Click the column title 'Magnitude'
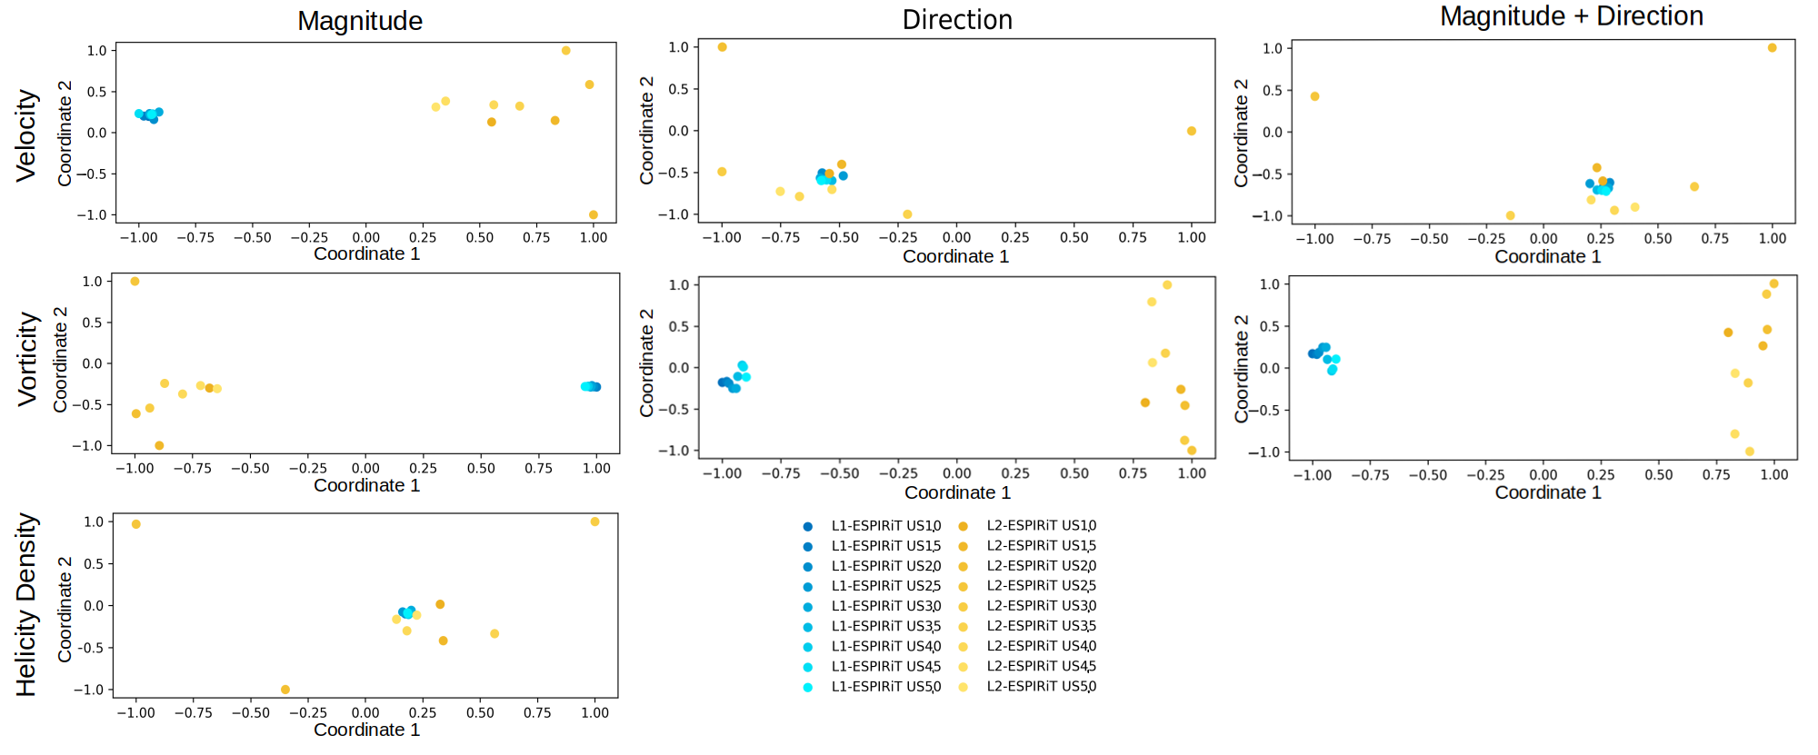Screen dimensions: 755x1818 tap(360, 21)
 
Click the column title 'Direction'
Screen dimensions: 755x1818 tap(957, 20)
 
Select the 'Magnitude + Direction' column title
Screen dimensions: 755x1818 tap(1572, 16)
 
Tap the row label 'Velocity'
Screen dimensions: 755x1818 tap(26, 135)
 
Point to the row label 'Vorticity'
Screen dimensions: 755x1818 tap(28, 359)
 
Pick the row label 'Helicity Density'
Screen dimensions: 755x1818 tap(26, 605)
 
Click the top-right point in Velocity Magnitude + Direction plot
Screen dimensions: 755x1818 tap(1772, 48)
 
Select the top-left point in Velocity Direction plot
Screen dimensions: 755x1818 tap(723, 47)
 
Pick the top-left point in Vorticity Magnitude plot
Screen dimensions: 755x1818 tap(135, 282)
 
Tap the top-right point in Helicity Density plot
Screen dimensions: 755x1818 tap(594, 522)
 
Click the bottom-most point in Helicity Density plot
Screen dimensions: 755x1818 tap(285, 690)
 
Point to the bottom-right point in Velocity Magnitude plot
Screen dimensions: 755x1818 tap(594, 215)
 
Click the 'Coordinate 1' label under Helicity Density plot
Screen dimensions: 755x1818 tap(366, 730)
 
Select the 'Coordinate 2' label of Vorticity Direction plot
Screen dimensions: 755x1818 tap(646, 363)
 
